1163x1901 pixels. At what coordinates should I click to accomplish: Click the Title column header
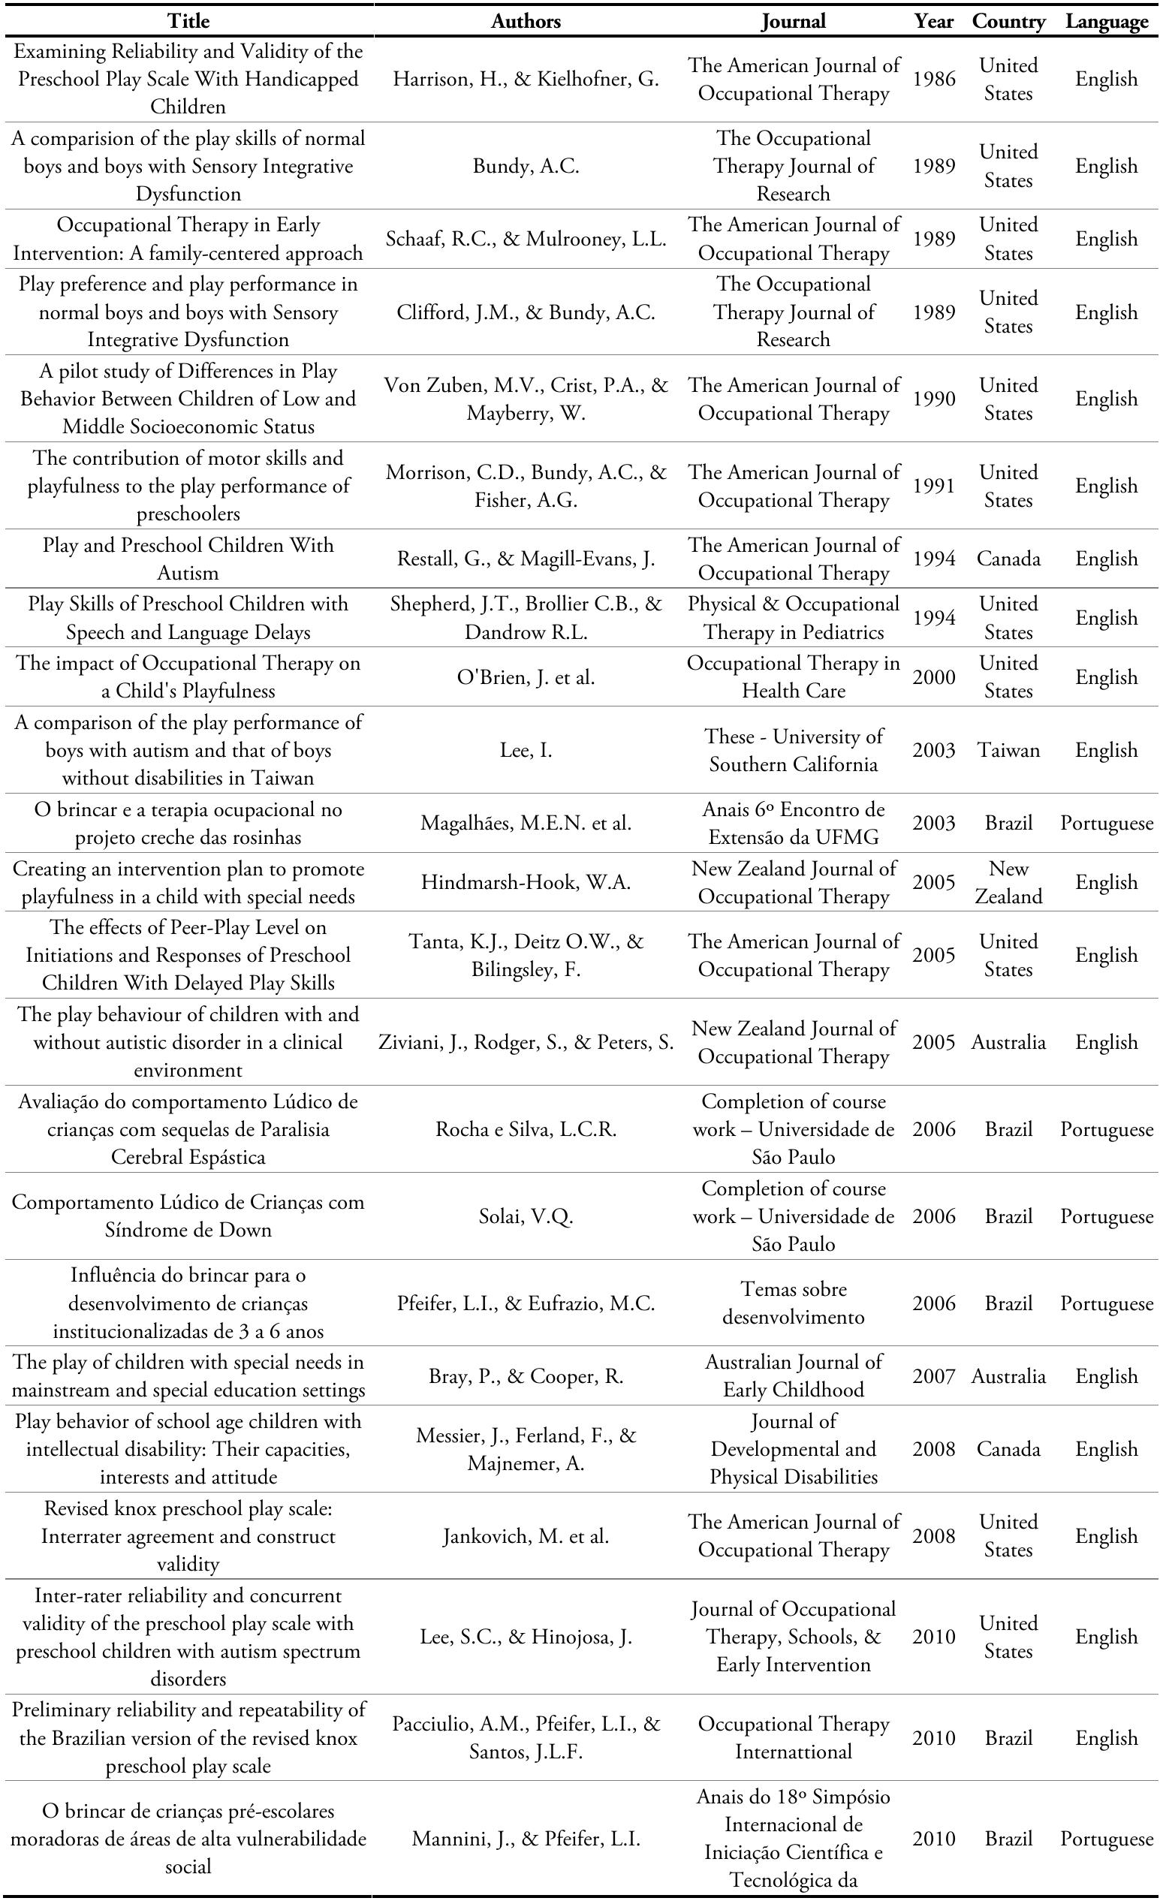pyautogui.click(x=188, y=22)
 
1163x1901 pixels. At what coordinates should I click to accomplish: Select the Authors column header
pyautogui.click(x=526, y=22)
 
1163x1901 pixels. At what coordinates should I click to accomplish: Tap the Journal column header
pyautogui.click(x=794, y=22)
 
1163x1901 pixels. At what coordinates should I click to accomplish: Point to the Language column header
pyautogui.click(x=1107, y=22)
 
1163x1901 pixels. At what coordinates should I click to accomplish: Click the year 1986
pyautogui.click(x=934, y=80)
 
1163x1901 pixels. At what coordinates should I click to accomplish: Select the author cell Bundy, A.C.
pyautogui.click(x=526, y=167)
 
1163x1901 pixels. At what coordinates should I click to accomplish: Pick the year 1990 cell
pyautogui.click(x=934, y=399)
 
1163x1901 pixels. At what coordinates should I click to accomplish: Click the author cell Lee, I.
pyautogui.click(x=526, y=750)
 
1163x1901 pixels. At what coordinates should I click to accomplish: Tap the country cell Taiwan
pyautogui.click(x=1008, y=750)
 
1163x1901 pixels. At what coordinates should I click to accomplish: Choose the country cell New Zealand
pyautogui.click(x=1008, y=883)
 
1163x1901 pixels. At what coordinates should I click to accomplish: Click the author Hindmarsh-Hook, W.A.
pyautogui.click(x=526, y=883)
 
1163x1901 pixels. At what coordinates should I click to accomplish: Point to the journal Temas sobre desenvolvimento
pyautogui.click(x=794, y=1303)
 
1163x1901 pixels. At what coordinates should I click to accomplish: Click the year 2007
pyautogui.click(x=934, y=1376)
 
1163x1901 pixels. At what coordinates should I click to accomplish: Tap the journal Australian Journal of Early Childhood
pyautogui.click(x=794, y=1376)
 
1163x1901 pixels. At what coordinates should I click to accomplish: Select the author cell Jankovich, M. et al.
pyautogui.click(x=526, y=1536)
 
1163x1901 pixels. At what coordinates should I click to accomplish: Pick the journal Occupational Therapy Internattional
pyautogui.click(x=794, y=1738)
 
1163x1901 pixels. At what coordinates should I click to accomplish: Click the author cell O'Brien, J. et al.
pyautogui.click(x=526, y=677)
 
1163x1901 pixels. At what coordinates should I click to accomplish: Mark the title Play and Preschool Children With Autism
pyautogui.click(x=188, y=559)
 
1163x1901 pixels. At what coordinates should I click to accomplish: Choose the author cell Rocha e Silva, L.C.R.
pyautogui.click(x=526, y=1129)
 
